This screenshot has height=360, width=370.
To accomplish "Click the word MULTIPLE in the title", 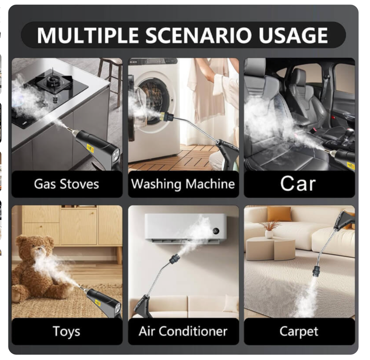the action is point(87,35).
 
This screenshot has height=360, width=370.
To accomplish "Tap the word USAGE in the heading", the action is point(293,35).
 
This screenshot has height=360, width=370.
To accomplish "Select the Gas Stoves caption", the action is point(66,184).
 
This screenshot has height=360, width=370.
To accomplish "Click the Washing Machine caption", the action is point(183,184).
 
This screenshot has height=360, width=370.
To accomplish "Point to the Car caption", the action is point(298,183).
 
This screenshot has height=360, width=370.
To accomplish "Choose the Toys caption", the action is point(66,332).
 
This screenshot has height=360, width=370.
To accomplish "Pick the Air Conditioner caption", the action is point(183,331).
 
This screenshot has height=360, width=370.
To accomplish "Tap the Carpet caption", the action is point(299,332).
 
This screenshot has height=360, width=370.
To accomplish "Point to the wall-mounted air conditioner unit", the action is point(185,228).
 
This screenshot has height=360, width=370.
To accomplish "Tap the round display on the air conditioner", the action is point(216,231).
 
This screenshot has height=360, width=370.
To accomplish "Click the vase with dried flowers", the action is point(269,230).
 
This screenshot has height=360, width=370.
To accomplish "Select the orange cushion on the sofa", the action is point(279,214).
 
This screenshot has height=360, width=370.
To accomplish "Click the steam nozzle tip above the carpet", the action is point(316,272).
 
